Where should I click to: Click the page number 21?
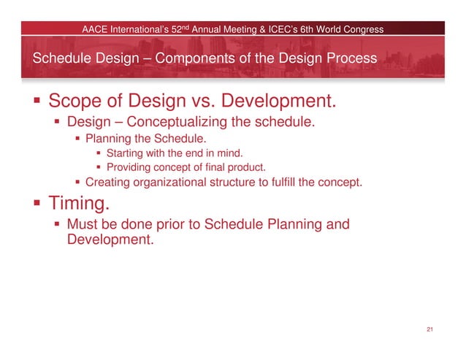tap(430, 331)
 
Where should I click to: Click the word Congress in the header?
tap(362, 29)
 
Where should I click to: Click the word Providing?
tap(130, 167)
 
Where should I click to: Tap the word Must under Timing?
tap(83, 224)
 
